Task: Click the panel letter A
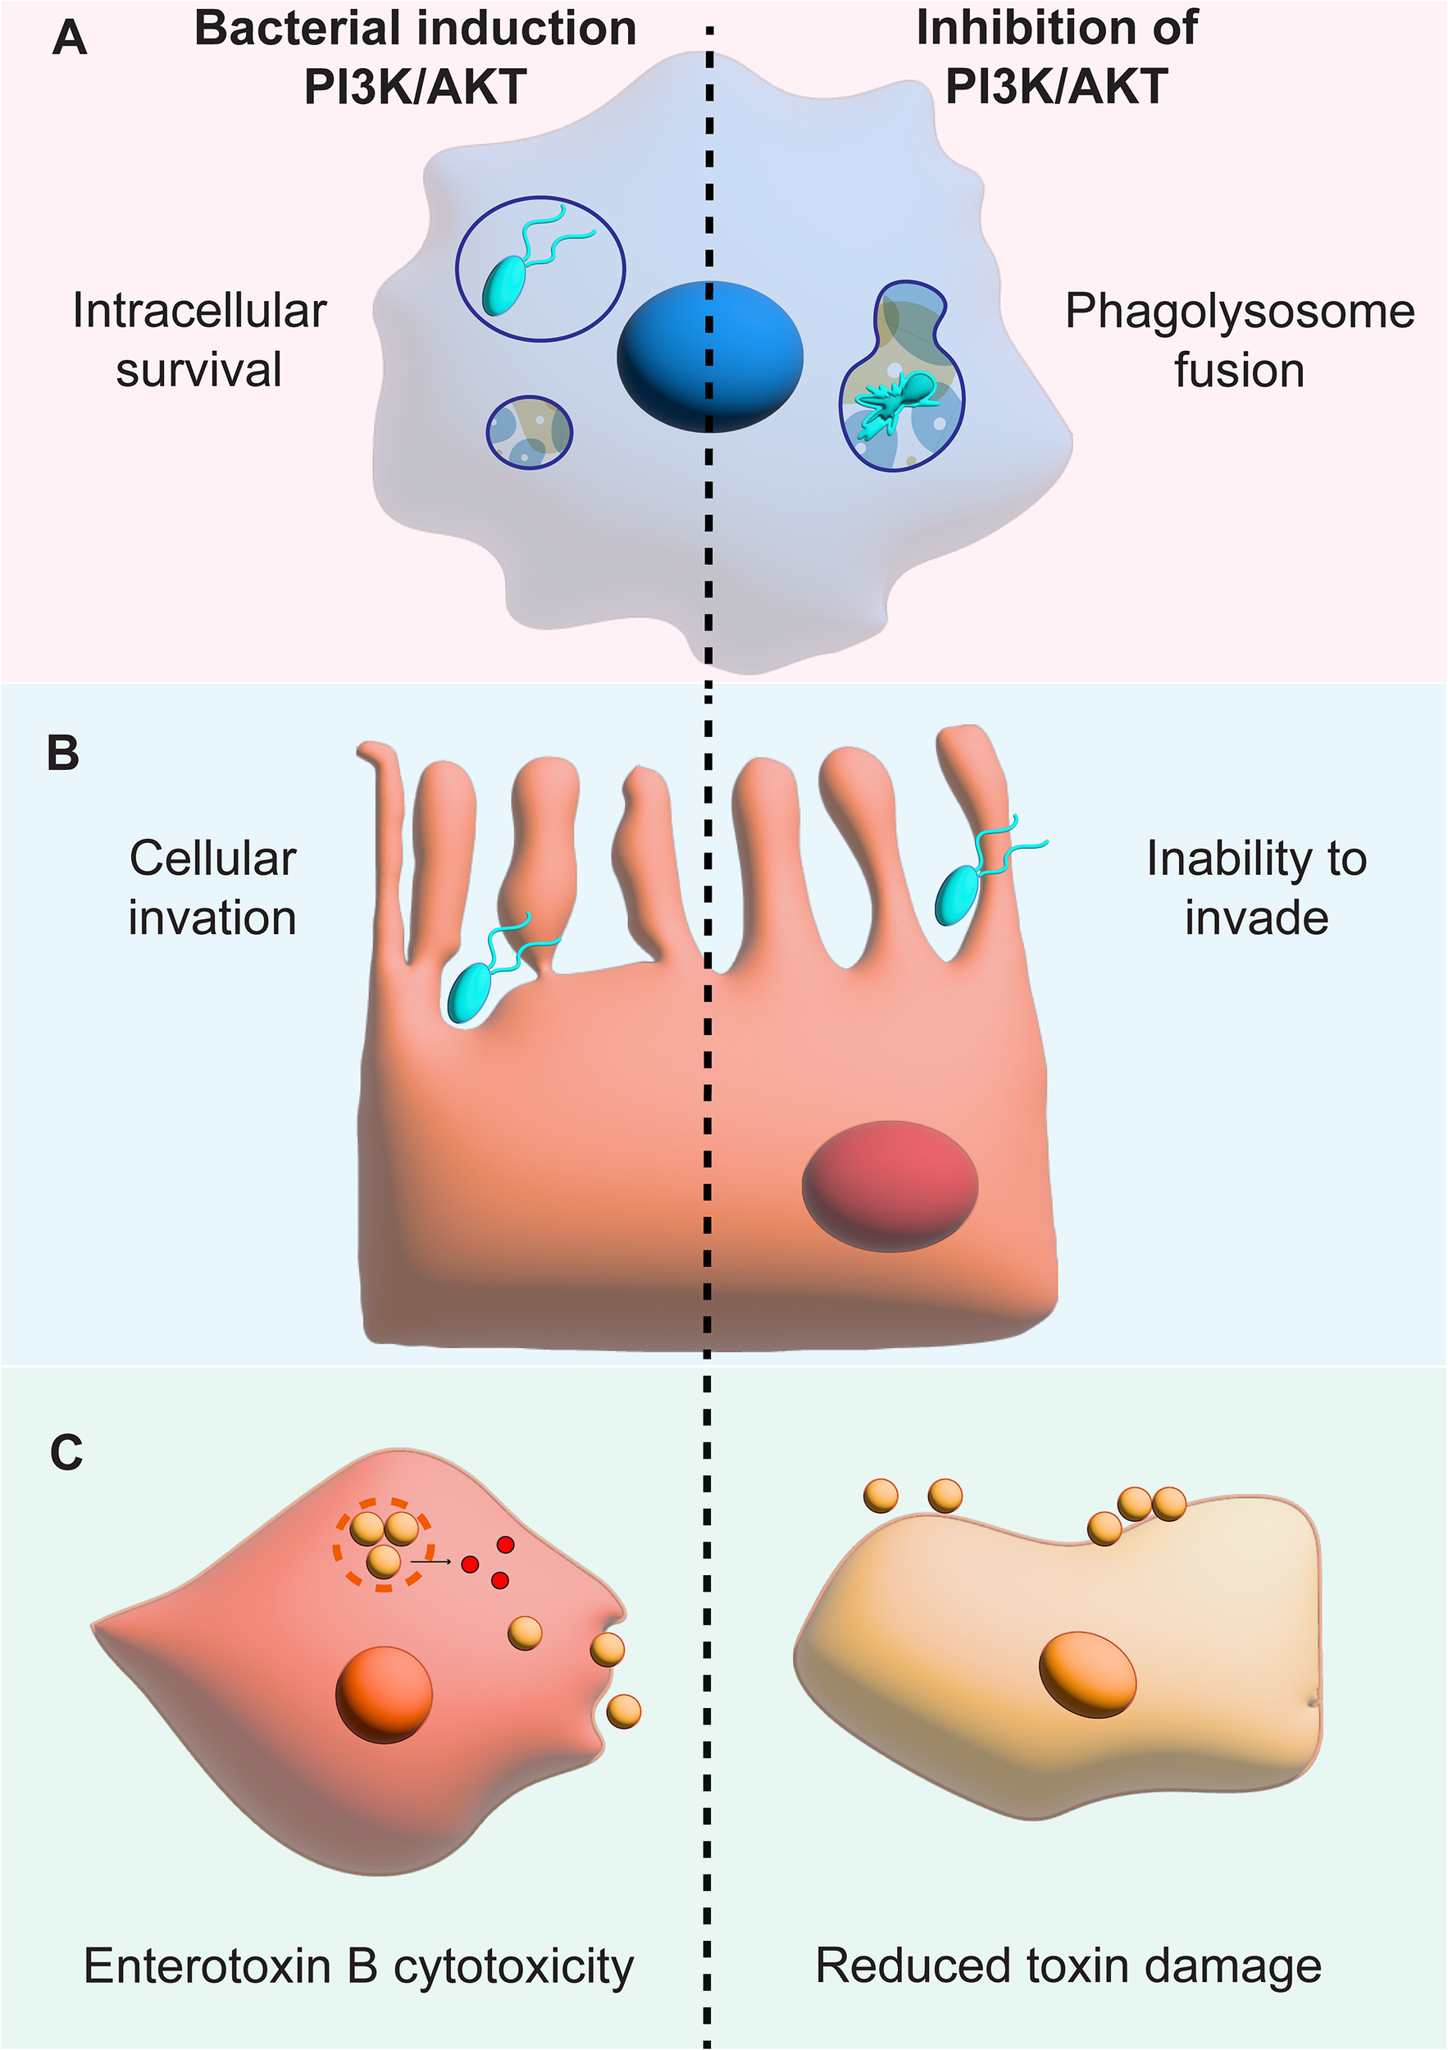click(x=70, y=39)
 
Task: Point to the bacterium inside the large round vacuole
click(x=505, y=283)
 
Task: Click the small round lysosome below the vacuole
click(x=530, y=432)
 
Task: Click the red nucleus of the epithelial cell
click(x=889, y=1186)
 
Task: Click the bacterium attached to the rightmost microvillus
click(x=957, y=895)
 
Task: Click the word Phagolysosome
click(x=1239, y=312)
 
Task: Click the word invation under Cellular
click(x=212, y=918)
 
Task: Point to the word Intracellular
click(x=199, y=312)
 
